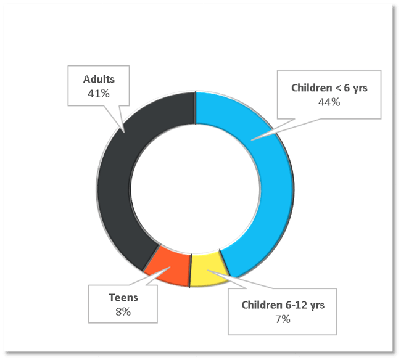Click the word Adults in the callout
(99, 80)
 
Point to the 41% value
(99, 93)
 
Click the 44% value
(329, 102)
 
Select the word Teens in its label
(123, 298)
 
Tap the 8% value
(123, 312)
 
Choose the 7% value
(283, 319)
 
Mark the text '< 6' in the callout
(342, 88)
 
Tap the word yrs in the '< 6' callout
(360, 88)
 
